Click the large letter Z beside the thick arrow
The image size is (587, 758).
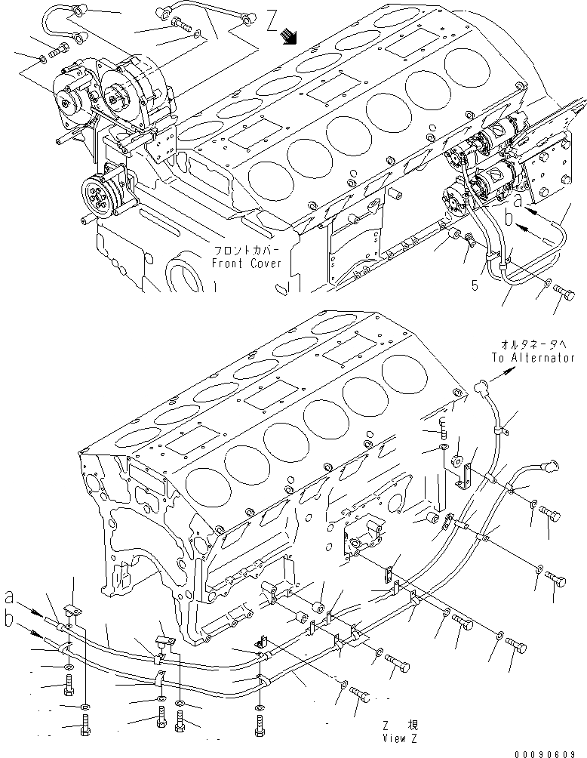point(272,22)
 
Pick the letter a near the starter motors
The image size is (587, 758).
point(518,201)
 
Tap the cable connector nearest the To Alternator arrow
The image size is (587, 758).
point(479,389)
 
